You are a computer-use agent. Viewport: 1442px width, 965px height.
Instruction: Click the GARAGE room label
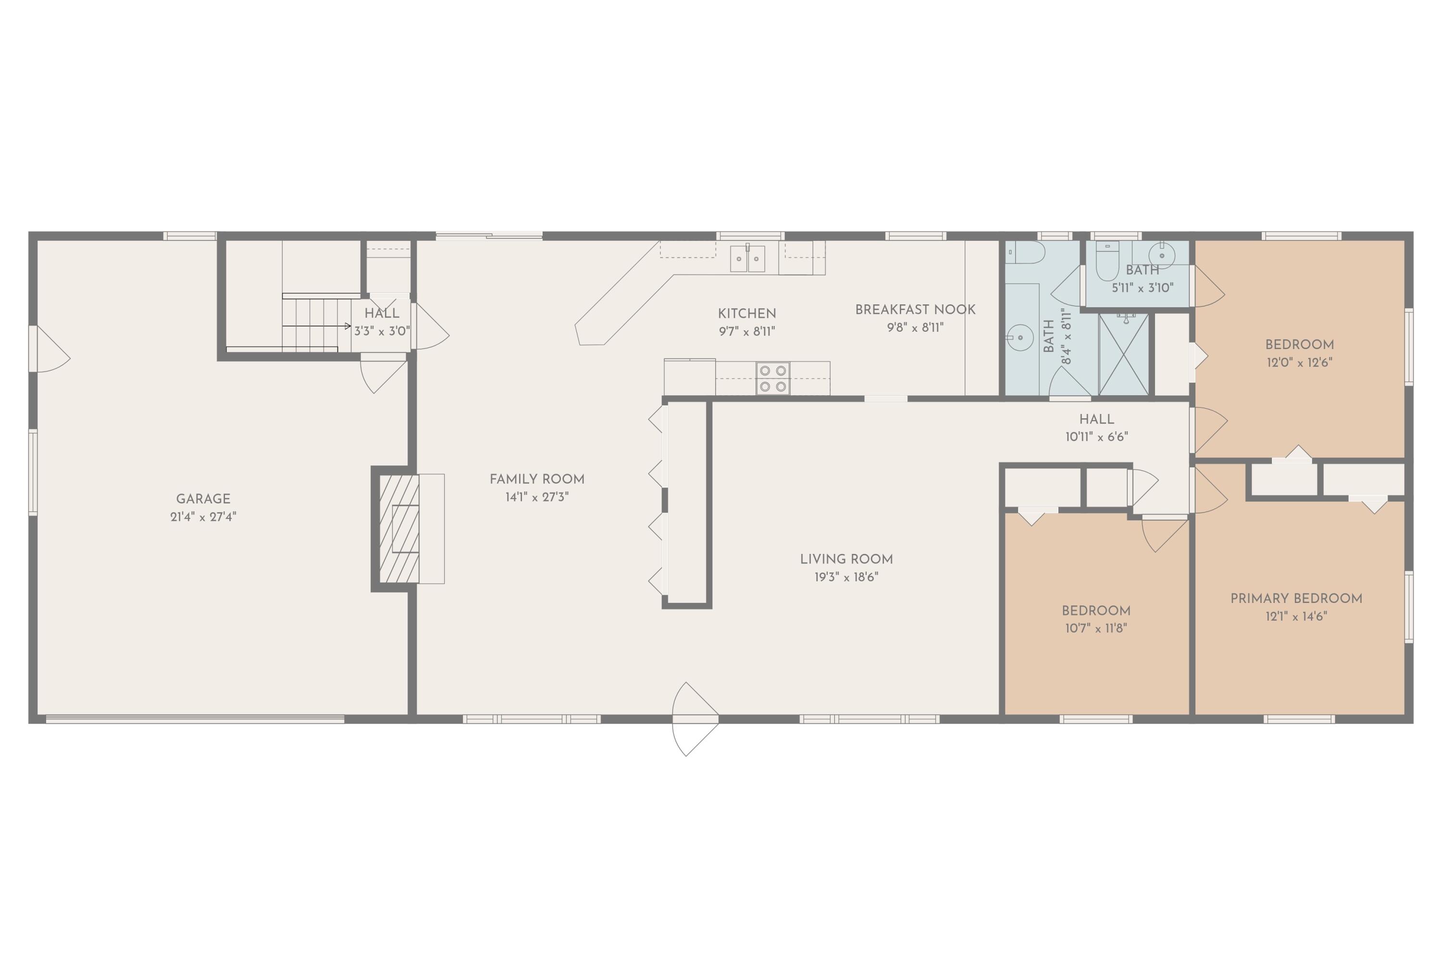(203, 499)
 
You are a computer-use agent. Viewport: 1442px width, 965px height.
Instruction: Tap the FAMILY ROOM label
(536, 479)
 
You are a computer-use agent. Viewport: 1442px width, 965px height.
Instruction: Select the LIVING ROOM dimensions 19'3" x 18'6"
(846, 577)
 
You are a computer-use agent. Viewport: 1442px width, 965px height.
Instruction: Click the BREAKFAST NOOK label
(915, 310)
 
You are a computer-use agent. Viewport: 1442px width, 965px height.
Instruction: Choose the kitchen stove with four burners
(773, 378)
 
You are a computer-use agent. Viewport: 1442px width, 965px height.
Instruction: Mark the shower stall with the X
(1123, 354)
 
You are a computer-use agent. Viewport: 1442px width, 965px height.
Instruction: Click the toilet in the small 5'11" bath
(1106, 262)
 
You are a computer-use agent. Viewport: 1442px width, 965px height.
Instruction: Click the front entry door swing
(695, 718)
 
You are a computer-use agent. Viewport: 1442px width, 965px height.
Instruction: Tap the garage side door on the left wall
(49, 349)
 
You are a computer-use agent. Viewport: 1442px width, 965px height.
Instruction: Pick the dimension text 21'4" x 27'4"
(203, 517)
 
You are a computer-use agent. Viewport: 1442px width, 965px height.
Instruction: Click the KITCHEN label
(747, 314)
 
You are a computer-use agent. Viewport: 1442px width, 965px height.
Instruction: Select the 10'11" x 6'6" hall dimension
(1096, 437)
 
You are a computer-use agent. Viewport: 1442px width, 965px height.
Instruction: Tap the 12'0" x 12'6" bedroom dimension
(1299, 363)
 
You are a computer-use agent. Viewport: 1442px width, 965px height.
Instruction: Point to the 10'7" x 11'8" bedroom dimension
(1095, 628)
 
